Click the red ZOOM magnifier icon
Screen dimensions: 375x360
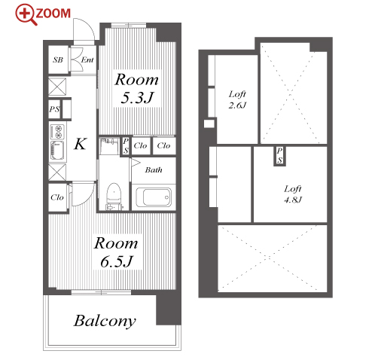(x=26, y=14)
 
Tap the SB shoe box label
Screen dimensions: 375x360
(x=58, y=59)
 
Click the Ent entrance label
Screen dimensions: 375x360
(x=87, y=59)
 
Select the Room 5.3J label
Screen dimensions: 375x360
(x=137, y=88)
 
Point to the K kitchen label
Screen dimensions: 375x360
(x=81, y=144)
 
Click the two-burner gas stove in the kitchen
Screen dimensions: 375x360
(x=57, y=132)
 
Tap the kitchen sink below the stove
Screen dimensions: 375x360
(x=57, y=151)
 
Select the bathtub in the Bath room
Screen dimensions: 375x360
(x=154, y=197)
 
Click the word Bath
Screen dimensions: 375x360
(x=154, y=170)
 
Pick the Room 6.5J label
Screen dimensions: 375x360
(x=116, y=252)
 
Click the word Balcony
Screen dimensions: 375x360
(x=105, y=321)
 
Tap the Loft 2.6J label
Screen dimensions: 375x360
(x=237, y=99)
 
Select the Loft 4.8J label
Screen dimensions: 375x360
(x=293, y=194)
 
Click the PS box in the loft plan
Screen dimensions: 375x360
(x=279, y=156)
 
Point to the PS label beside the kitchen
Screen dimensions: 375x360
(x=54, y=109)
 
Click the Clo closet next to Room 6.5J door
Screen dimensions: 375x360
(x=57, y=197)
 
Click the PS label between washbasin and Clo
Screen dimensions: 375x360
(x=126, y=146)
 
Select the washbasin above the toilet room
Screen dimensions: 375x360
(x=109, y=146)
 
